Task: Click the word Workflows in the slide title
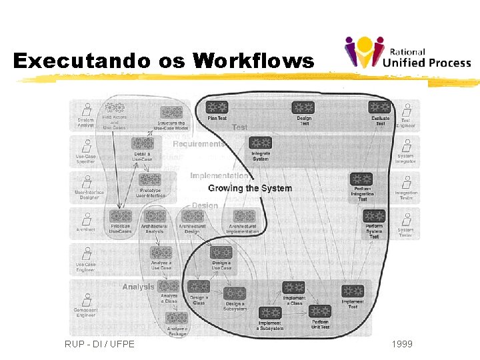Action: point(253,61)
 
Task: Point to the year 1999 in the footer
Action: point(402,344)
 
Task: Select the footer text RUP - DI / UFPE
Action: point(99,344)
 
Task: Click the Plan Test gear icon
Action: point(217,107)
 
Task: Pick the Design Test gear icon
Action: point(304,107)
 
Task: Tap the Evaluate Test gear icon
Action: point(381,107)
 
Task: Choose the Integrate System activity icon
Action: point(260,143)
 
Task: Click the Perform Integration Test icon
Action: point(361,179)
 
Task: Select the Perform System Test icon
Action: point(375,216)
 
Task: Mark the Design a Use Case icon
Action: point(221,253)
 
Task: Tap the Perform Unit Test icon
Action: point(320,312)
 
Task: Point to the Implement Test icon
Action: point(353,291)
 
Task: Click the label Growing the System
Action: point(250,189)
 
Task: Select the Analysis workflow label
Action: point(138,287)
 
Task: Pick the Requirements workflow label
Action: point(199,144)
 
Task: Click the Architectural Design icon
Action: point(192,217)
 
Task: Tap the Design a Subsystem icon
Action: point(235,293)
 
